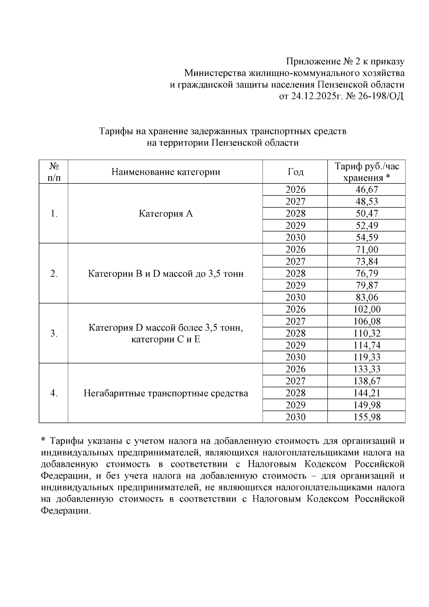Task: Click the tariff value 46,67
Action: pos(367,189)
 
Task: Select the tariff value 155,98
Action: pos(367,417)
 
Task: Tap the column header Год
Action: pos(295,172)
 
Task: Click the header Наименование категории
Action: pos(166,172)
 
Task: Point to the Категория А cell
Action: pos(166,214)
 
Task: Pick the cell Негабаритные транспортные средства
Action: pos(166,393)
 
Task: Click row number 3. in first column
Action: pos(54,334)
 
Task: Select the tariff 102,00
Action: pos(367,309)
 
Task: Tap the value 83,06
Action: pos(367,297)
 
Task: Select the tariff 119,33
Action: pos(367,357)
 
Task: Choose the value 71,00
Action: pos(367,250)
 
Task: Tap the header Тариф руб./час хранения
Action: pos(367,172)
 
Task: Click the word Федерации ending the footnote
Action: pos(65,510)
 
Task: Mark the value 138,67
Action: pos(367,381)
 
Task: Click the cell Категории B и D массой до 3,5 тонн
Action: pos(166,274)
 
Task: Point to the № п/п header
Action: pos(54,172)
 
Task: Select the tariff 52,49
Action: pos(367,226)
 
